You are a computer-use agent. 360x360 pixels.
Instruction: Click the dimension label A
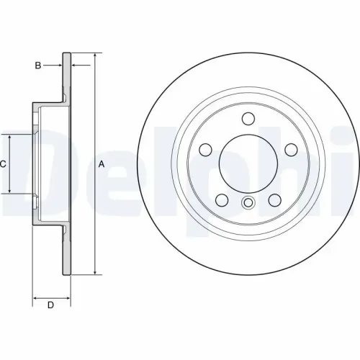[x=102, y=164]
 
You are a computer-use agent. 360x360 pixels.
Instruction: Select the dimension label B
[x=38, y=66]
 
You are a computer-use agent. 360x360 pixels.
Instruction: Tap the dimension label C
[x=3, y=164]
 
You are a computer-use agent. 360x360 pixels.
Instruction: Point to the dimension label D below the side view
[x=50, y=305]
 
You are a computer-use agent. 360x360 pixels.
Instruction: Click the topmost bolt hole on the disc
[x=248, y=119]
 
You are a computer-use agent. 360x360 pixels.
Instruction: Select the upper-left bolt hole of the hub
[x=204, y=150]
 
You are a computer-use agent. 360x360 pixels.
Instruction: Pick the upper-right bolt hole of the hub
[x=291, y=150]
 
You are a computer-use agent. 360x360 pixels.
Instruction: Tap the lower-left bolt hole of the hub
[x=221, y=200]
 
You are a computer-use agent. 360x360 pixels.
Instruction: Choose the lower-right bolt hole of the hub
[x=274, y=200]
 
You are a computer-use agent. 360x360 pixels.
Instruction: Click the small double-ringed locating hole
[x=248, y=202]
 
